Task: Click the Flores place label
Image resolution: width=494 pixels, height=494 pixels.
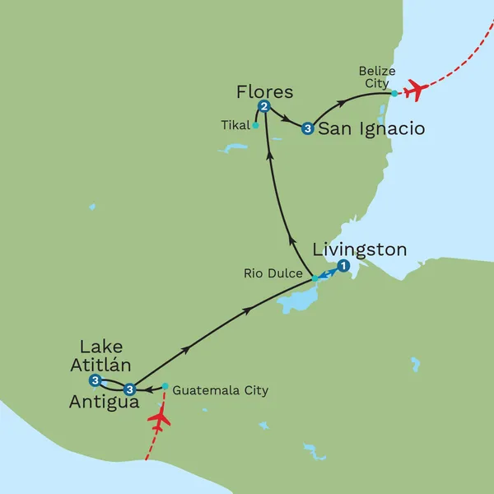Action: coord(264,91)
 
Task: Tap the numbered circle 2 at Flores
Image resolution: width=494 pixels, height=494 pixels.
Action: coord(264,106)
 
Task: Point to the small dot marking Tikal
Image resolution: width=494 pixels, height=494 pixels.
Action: coord(256,126)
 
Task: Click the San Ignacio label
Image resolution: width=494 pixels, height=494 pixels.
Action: coord(371,129)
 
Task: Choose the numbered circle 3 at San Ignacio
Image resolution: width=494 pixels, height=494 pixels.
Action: coord(307,128)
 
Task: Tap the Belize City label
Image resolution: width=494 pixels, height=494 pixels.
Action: coord(376,77)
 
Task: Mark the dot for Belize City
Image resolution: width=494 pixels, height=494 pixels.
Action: coord(394,93)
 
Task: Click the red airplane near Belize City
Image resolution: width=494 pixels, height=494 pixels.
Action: coord(415,89)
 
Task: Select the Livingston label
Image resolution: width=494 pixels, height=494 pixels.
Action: coord(360,249)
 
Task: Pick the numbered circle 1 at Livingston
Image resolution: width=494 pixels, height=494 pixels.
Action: coord(343,265)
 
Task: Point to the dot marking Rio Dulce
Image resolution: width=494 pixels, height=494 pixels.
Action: coord(315,279)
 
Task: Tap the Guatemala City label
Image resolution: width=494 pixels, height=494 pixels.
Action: coord(221,390)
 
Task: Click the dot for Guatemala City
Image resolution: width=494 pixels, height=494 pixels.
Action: coord(165,385)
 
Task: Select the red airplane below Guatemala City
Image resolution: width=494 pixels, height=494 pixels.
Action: coord(159,419)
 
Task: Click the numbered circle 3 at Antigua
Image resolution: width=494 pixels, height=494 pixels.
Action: coord(128,389)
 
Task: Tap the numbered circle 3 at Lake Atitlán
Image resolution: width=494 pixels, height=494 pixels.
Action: coord(96,380)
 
